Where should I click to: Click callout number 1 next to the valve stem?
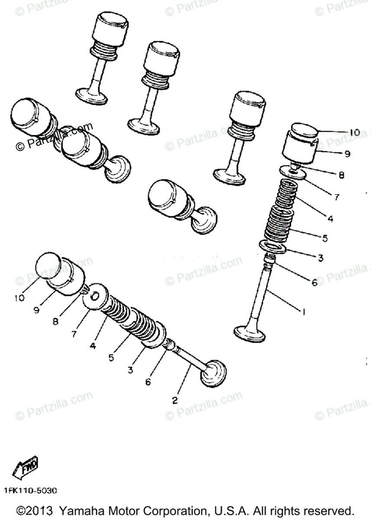point(303,311)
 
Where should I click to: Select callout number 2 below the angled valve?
point(175,400)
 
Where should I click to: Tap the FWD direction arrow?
point(26,467)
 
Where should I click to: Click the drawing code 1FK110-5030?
point(30,491)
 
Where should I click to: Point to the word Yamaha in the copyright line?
point(81,510)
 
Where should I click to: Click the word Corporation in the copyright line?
point(173,510)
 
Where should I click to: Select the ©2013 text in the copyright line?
point(35,510)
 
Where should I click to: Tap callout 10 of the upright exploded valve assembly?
point(354,133)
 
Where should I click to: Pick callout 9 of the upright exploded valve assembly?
point(347,153)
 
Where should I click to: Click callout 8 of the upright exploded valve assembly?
point(342,175)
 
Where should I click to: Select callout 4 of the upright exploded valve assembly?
point(330,219)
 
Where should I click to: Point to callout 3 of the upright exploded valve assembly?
point(320,258)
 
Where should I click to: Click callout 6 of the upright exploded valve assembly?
point(315,283)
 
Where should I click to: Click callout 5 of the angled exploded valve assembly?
point(111,358)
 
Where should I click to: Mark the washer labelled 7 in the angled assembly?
point(94,297)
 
